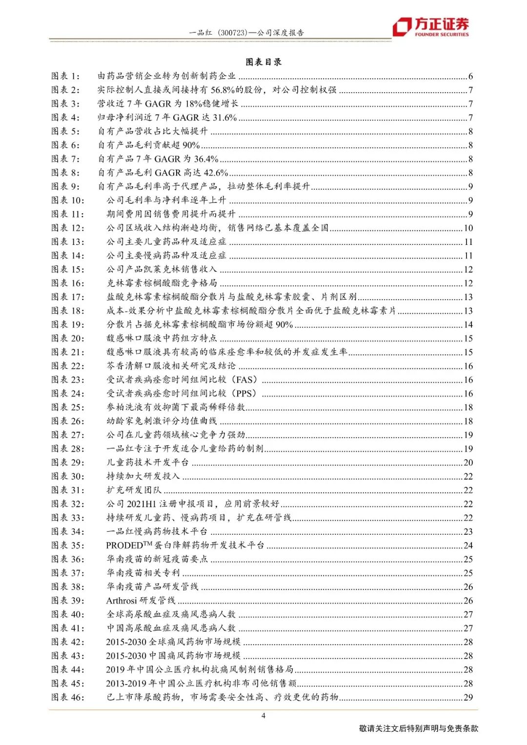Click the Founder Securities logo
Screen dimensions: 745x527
(431, 27)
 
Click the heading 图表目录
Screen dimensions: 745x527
(263, 62)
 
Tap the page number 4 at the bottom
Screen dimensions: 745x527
(263, 716)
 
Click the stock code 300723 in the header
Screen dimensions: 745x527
(231, 33)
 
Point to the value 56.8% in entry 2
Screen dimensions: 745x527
(223, 90)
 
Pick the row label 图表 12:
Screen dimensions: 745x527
(68, 228)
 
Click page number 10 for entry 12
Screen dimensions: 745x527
(468, 228)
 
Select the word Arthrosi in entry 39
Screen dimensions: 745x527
(122, 601)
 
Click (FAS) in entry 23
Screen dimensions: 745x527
(244, 380)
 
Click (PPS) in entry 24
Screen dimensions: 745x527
(244, 393)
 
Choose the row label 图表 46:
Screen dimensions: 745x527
(68, 697)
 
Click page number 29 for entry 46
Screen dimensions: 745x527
(468, 697)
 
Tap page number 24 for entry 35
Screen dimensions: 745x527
(468, 545)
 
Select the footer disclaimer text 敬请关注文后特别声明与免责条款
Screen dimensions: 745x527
(419, 728)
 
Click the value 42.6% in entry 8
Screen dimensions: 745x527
(215, 173)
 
